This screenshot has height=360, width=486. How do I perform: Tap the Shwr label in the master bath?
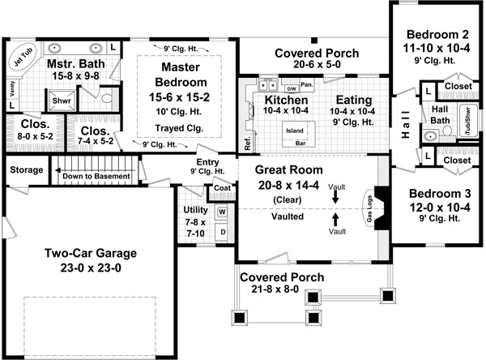coord(60,101)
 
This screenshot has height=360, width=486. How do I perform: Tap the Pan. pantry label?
coord(307,84)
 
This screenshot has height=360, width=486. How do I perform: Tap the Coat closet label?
coord(222,188)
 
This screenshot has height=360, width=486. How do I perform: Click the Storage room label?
coord(25,170)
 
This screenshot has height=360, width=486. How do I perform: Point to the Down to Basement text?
coord(96,176)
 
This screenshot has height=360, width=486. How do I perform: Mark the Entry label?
coord(208,161)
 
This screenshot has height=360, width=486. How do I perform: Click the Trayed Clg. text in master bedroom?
coord(180,127)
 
